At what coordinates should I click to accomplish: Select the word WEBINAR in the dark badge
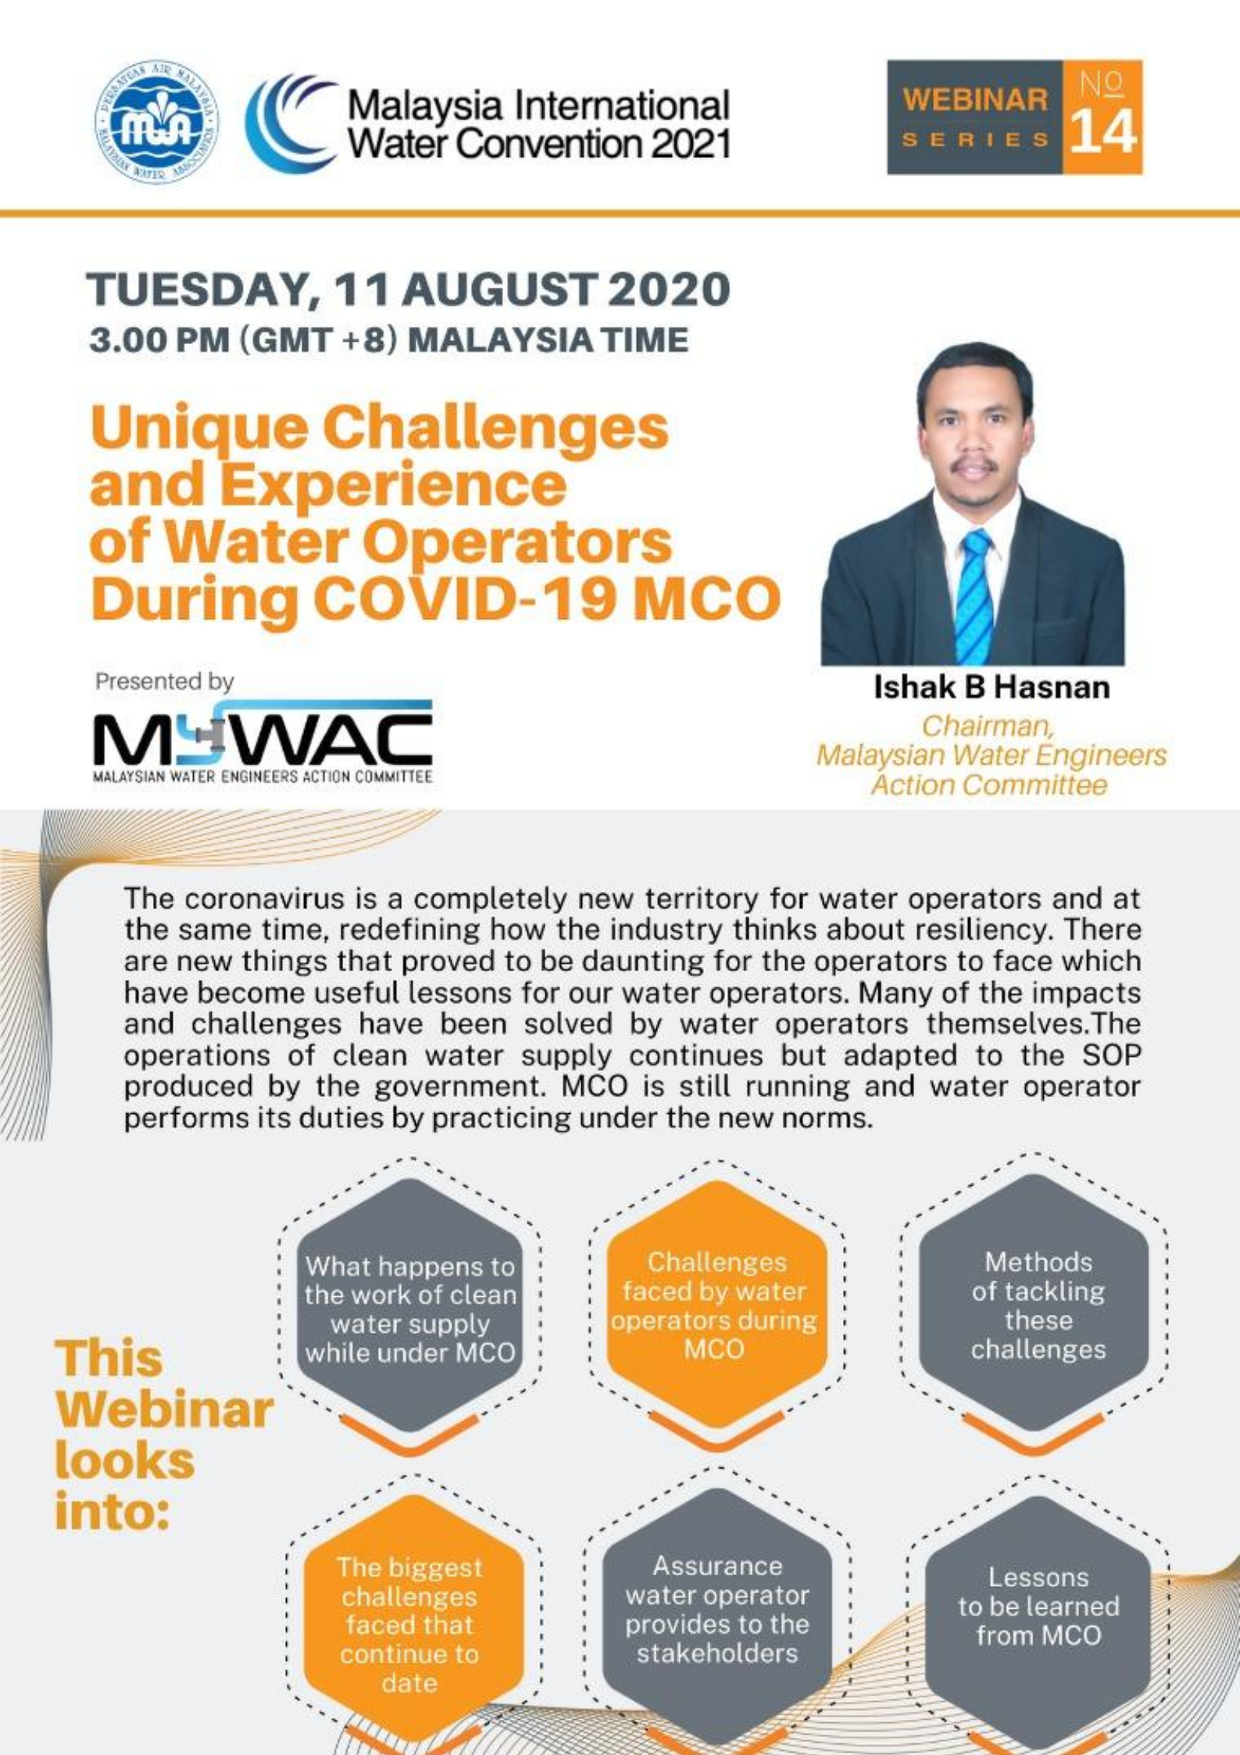coord(975,100)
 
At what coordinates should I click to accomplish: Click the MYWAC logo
coord(263,741)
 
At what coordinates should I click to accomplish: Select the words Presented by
coord(164,682)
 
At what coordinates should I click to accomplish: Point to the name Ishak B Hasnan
coord(992,688)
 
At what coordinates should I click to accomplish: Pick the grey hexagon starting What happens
coord(410,1307)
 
